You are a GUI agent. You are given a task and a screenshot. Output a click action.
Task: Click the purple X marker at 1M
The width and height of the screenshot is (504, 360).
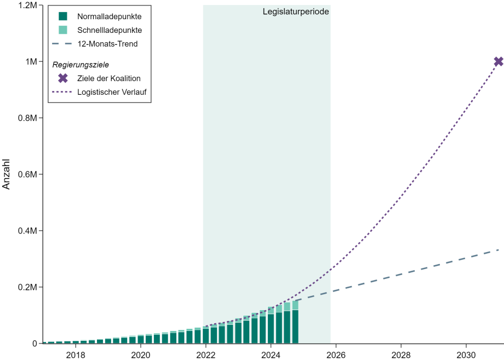[499, 61]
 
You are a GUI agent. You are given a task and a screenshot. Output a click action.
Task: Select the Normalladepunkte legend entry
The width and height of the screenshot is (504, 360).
[109, 16]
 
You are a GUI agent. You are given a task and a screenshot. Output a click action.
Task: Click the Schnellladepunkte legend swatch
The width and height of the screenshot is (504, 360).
[63, 30]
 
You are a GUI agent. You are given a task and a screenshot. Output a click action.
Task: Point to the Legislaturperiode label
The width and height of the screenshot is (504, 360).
[296, 11]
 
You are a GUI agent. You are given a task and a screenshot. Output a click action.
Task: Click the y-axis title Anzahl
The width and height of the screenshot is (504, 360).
[7, 174]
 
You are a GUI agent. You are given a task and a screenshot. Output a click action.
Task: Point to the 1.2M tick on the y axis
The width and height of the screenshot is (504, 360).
[26, 5]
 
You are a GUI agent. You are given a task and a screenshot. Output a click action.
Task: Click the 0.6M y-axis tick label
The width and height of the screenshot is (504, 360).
[26, 174]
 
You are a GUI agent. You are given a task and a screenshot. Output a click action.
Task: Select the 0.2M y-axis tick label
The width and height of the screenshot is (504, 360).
[26, 287]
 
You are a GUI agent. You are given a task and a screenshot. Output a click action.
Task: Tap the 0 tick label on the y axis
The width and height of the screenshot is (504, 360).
[34, 344]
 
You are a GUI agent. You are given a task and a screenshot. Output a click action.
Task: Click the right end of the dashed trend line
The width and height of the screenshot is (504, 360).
[498, 250]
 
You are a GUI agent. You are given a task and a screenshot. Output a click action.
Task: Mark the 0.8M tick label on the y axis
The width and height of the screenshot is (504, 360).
[26, 118]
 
